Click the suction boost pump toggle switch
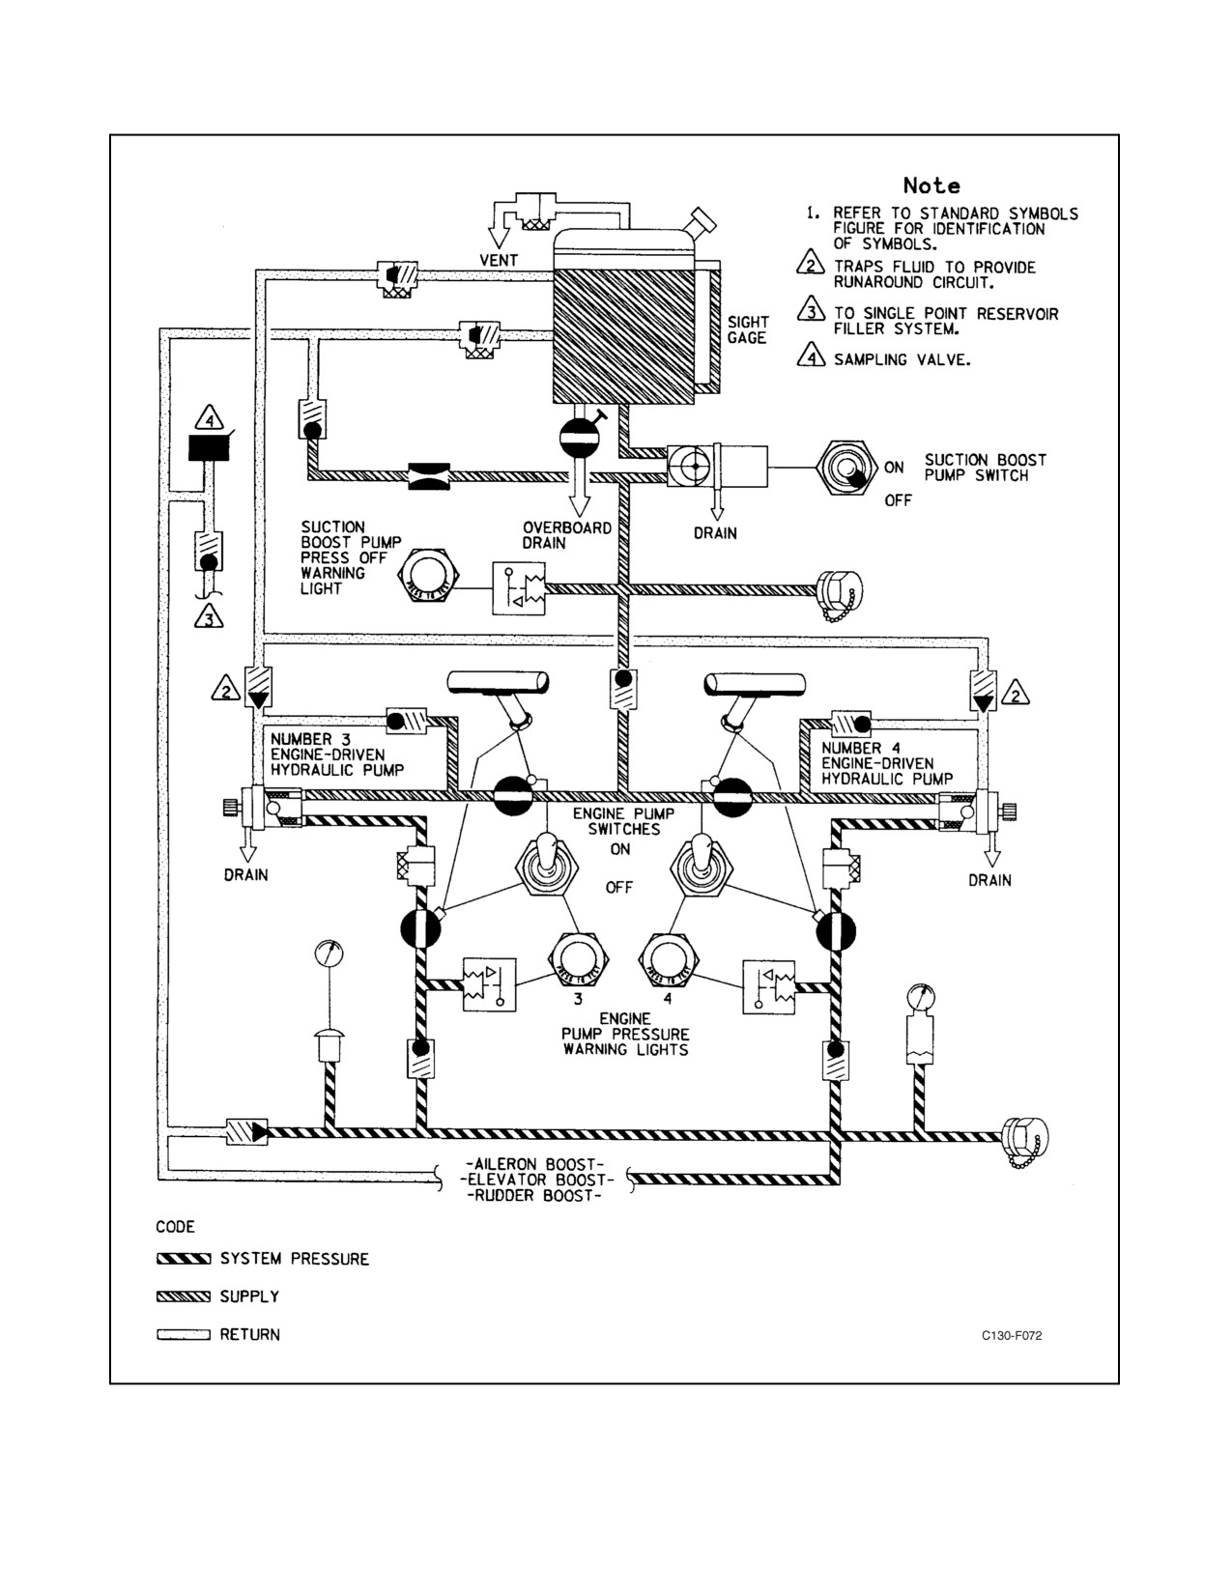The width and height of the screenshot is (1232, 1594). (x=847, y=468)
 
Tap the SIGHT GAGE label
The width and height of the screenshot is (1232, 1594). (x=748, y=330)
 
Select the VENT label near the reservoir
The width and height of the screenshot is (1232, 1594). (x=499, y=261)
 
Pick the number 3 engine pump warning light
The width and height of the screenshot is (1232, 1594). (x=579, y=960)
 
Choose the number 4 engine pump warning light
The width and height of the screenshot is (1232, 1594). (x=669, y=961)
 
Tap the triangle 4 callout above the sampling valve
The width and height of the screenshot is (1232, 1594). (x=210, y=418)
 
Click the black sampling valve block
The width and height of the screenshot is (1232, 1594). (x=209, y=447)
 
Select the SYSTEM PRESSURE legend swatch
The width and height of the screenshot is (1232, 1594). (x=184, y=1259)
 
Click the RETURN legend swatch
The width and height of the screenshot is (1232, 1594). (x=184, y=1334)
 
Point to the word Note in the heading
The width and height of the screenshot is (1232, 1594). (x=931, y=185)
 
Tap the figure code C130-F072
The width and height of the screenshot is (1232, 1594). (x=1012, y=1336)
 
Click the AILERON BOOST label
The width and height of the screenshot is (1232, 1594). (x=535, y=1164)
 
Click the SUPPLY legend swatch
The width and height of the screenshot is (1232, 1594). (x=184, y=1296)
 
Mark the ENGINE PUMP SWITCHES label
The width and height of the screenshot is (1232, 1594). (x=623, y=821)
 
